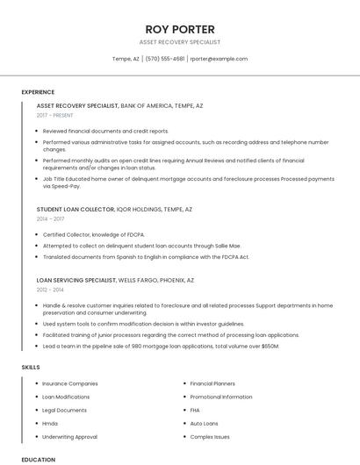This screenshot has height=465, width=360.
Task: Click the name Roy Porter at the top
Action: click(179, 29)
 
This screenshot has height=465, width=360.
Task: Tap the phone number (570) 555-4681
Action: click(165, 59)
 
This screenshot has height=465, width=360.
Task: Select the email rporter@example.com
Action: click(219, 59)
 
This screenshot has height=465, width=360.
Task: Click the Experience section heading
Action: click(38, 92)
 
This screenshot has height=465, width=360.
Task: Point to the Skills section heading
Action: click(31, 367)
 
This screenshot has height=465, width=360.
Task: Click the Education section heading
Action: click(38, 459)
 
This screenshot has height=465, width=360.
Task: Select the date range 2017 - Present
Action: click(55, 115)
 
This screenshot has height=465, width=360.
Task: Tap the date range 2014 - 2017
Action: click(51, 219)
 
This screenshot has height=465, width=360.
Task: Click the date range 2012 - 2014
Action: click(50, 289)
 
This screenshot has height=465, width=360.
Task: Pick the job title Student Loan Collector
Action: click(76, 210)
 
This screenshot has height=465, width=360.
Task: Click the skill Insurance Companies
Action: click(69, 383)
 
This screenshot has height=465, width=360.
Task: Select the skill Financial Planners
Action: click(212, 383)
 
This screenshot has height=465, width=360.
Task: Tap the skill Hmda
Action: click(50, 423)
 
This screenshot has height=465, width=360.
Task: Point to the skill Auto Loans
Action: click(204, 423)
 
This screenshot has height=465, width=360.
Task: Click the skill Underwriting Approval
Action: click(69, 436)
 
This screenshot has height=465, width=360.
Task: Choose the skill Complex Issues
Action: click(209, 436)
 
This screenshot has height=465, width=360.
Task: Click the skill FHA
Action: click(195, 410)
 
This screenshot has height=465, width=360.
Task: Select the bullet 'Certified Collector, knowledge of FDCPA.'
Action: click(93, 235)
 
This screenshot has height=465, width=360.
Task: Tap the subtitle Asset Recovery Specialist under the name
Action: click(179, 42)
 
